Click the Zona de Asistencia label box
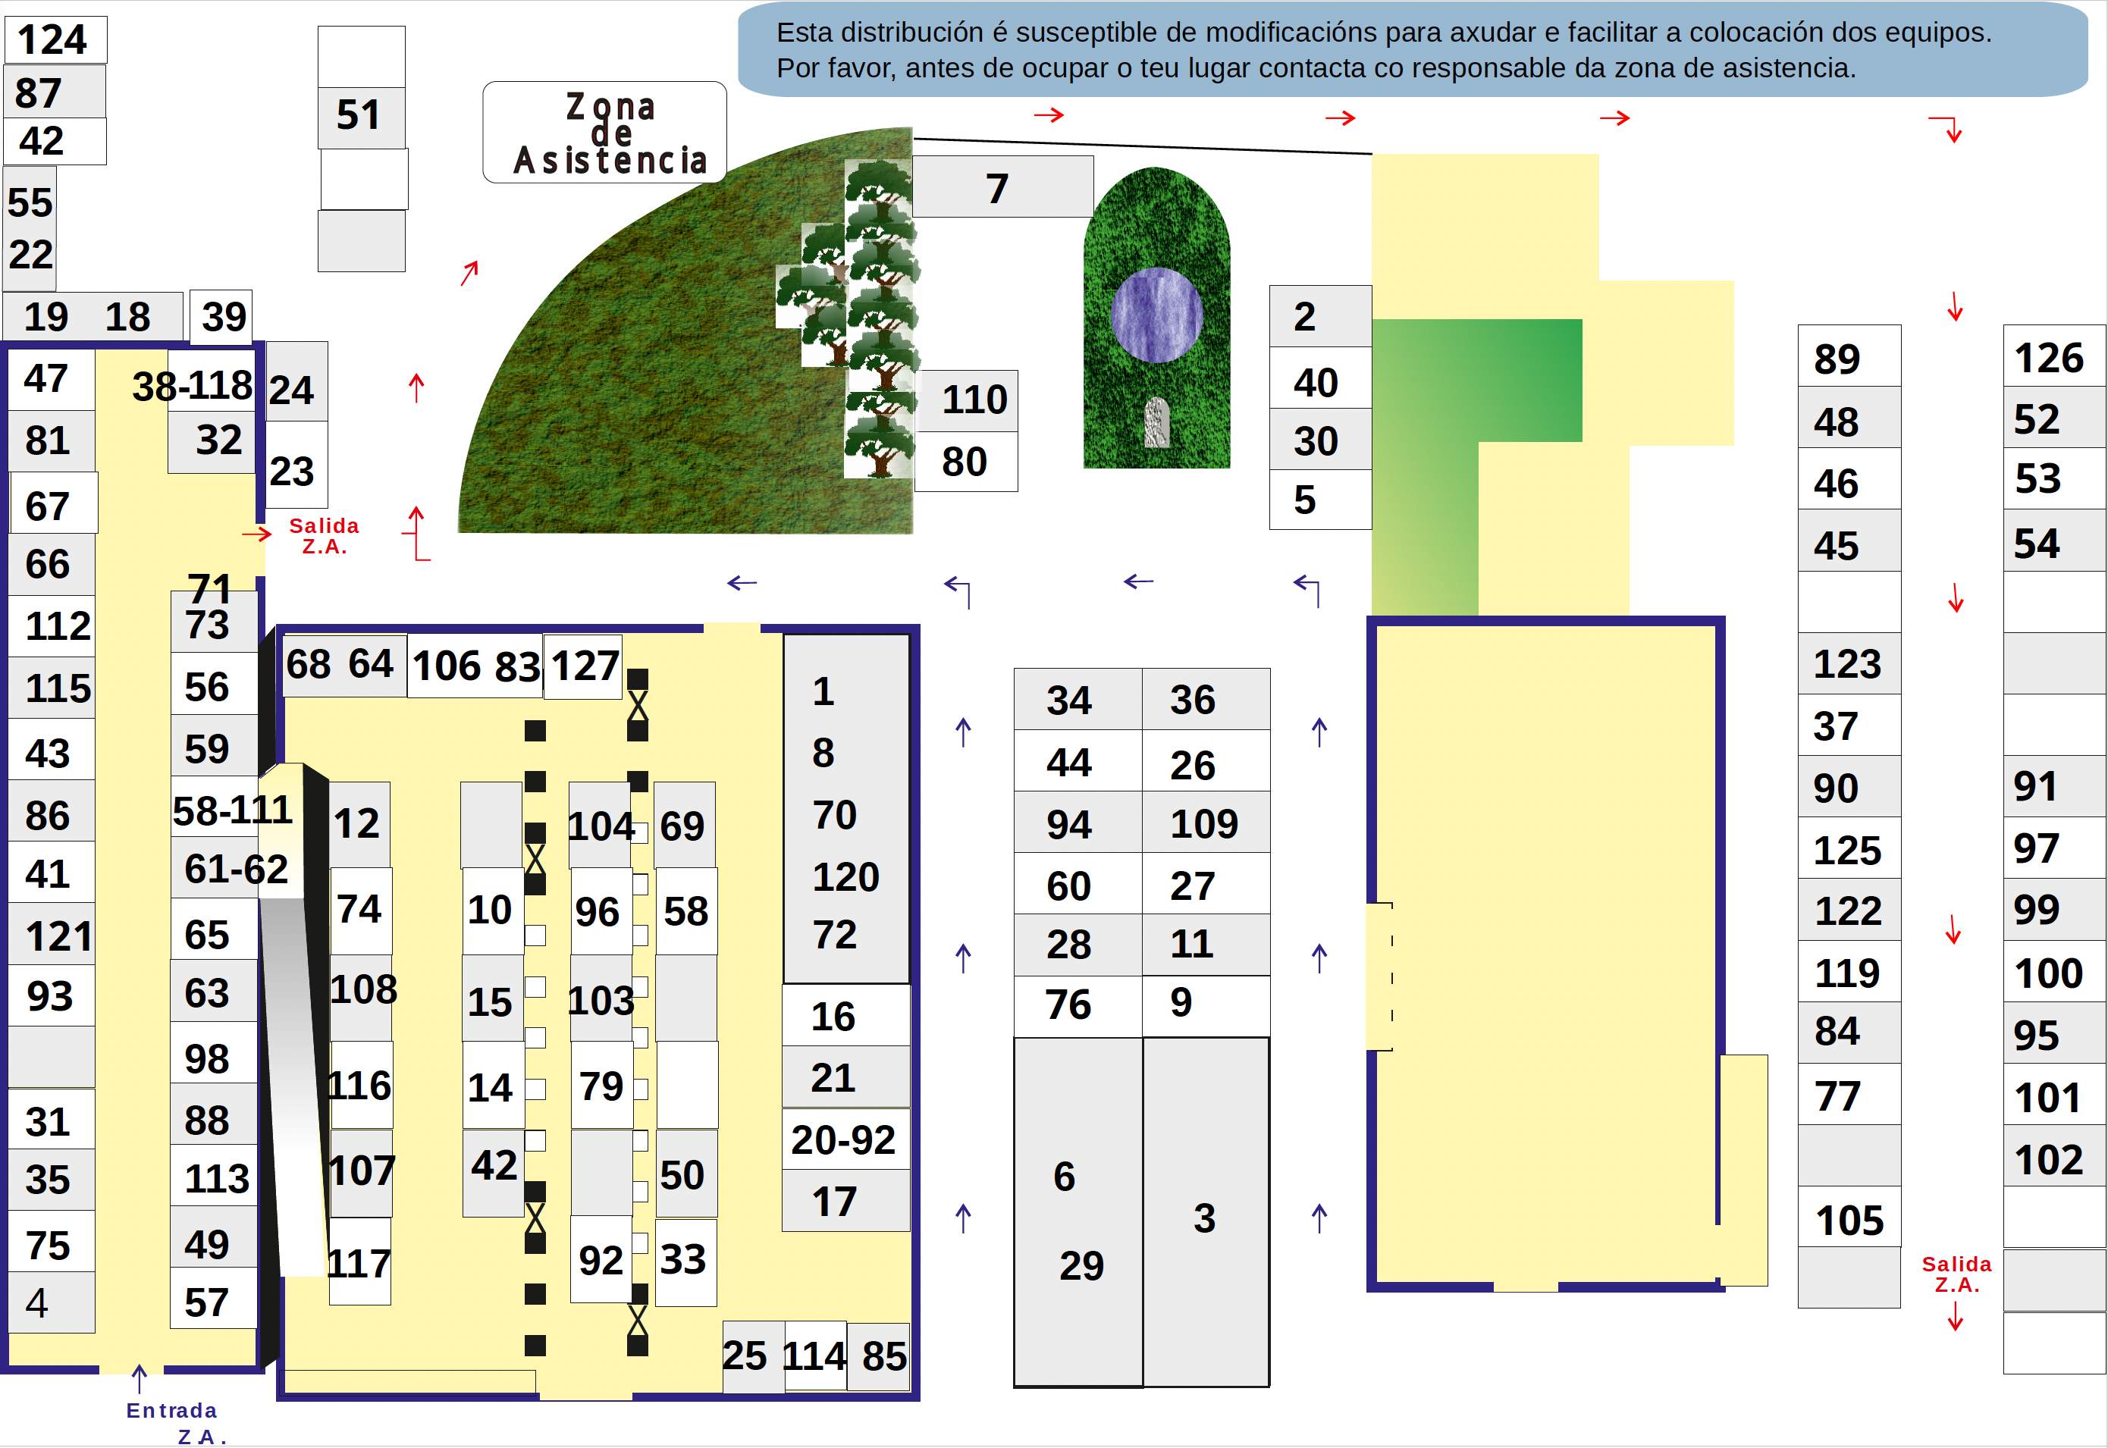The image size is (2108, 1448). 604,133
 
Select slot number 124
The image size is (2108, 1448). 55,40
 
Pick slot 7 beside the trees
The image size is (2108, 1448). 1002,187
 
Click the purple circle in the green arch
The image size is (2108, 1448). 1156,315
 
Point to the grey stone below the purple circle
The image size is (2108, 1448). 1156,423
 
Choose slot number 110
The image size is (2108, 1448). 968,401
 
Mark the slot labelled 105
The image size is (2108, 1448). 1849,1218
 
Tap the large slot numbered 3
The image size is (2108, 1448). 1206,1212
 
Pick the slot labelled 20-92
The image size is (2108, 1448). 845,1139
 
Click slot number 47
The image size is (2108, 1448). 51,379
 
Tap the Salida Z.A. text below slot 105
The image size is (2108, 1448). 1956,1274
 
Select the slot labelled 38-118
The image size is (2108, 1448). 193,386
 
